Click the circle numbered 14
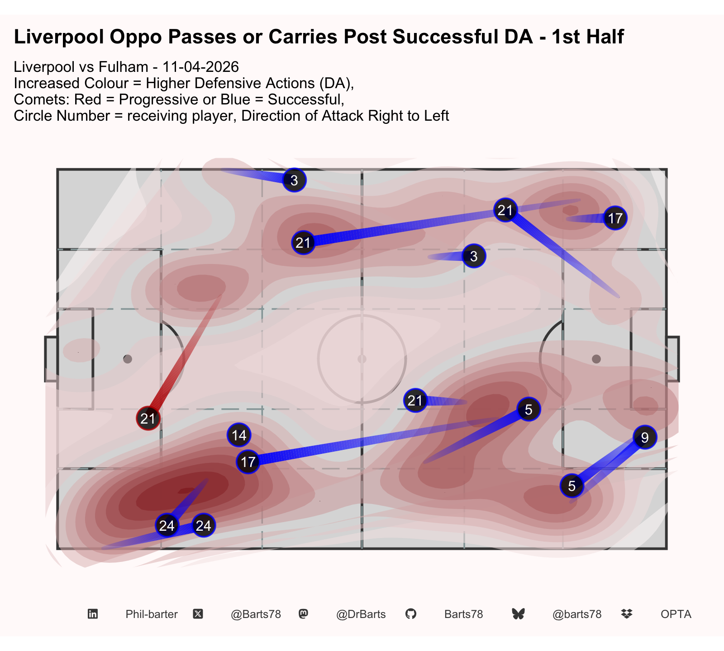pyautogui.click(x=239, y=435)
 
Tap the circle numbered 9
pyautogui.click(x=645, y=437)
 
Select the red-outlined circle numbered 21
pyautogui.click(x=148, y=419)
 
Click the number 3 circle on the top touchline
pyautogui.click(x=294, y=180)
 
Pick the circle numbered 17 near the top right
pyautogui.click(x=615, y=218)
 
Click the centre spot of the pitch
pyautogui.click(x=362, y=359)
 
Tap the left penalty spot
pyautogui.click(x=128, y=359)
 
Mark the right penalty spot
pyautogui.click(x=596, y=359)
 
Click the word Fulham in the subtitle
pyautogui.click(x=127, y=67)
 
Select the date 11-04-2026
pyautogui.click(x=200, y=67)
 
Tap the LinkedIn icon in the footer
pyautogui.click(x=93, y=614)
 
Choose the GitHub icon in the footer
pyautogui.click(x=411, y=614)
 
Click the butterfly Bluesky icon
pyautogui.click(x=519, y=614)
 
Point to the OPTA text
pyautogui.click(x=676, y=614)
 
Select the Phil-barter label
pyautogui.click(x=152, y=614)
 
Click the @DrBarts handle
pyautogui.click(x=361, y=614)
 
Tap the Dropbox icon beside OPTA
pyautogui.click(x=627, y=614)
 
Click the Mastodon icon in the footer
pyautogui.click(x=304, y=614)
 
